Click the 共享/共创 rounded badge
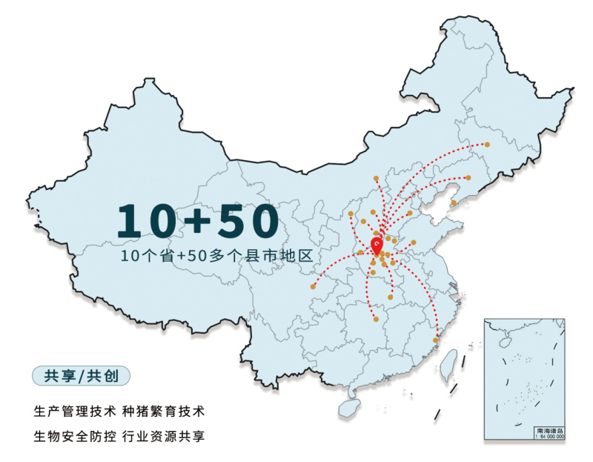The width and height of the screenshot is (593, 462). (x=81, y=375)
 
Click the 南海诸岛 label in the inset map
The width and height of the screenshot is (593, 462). (x=549, y=430)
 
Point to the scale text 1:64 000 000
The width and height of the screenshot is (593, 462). (x=549, y=437)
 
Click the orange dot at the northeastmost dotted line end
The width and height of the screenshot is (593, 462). (x=487, y=145)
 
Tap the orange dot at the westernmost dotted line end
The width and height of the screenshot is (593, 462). (x=313, y=286)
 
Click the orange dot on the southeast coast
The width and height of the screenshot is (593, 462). (x=437, y=340)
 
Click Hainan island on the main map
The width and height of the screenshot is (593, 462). (x=347, y=407)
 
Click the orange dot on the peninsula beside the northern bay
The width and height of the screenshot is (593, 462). (x=454, y=202)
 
